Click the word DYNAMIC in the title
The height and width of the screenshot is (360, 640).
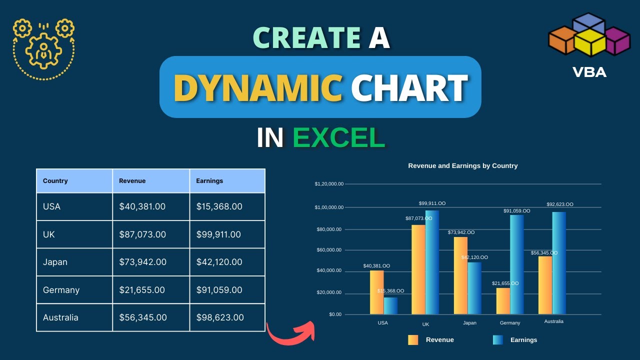[258, 87]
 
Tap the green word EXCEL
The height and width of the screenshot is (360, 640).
[339, 137]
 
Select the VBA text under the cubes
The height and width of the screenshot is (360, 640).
[589, 72]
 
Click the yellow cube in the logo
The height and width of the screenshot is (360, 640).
[589, 43]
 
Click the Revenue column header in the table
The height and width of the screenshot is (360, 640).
[132, 181]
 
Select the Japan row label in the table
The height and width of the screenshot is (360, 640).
[55, 262]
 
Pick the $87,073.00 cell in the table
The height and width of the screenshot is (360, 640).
[142, 234]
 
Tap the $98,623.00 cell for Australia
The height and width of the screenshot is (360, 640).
[219, 317]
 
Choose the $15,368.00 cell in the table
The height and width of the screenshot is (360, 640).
[219, 206]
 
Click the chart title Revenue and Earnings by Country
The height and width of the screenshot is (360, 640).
[463, 165]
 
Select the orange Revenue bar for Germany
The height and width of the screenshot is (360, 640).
[503, 301]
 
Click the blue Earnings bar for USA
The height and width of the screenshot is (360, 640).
[390, 305]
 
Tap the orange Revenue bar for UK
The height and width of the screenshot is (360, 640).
[418, 269]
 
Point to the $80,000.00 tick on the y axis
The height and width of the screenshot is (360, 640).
[329, 229]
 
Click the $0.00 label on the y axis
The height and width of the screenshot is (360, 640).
[335, 314]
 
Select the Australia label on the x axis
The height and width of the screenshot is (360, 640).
[553, 321]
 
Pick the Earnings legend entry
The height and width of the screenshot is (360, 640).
[515, 340]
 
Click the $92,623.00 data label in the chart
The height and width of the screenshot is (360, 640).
[559, 204]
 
